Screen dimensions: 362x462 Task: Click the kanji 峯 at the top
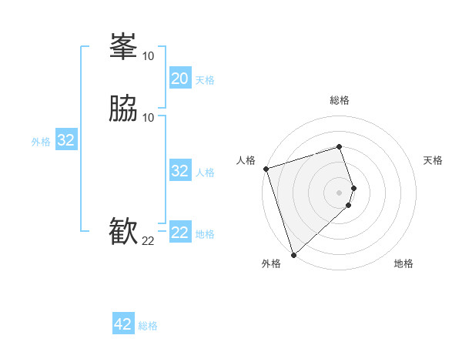click(x=123, y=49)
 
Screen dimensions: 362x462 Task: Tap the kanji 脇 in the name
click(x=123, y=110)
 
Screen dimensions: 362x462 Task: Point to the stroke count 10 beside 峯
click(x=148, y=55)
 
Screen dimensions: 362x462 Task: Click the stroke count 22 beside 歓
click(x=148, y=241)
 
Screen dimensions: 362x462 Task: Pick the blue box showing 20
click(x=180, y=79)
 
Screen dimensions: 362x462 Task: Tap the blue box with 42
click(x=123, y=324)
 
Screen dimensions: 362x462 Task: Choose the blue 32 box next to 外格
click(x=66, y=140)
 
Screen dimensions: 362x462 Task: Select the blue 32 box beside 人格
click(x=180, y=171)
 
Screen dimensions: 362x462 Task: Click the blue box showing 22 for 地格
click(x=180, y=233)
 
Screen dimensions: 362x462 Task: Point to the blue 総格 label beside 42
click(x=148, y=326)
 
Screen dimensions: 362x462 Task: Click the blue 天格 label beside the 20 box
click(x=205, y=79)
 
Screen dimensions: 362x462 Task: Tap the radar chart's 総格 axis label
click(x=340, y=100)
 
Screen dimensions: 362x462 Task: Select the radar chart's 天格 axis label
click(x=433, y=160)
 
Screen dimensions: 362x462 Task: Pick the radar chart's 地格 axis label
click(x=403, y=263)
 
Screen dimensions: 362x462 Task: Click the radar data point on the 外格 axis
click(x=293, y=254)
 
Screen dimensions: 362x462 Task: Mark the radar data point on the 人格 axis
click(x=266, y=169)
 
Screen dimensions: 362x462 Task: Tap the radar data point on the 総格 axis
click(x=340, y=146)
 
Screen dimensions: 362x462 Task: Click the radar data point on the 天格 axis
click(x=353, y=188)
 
